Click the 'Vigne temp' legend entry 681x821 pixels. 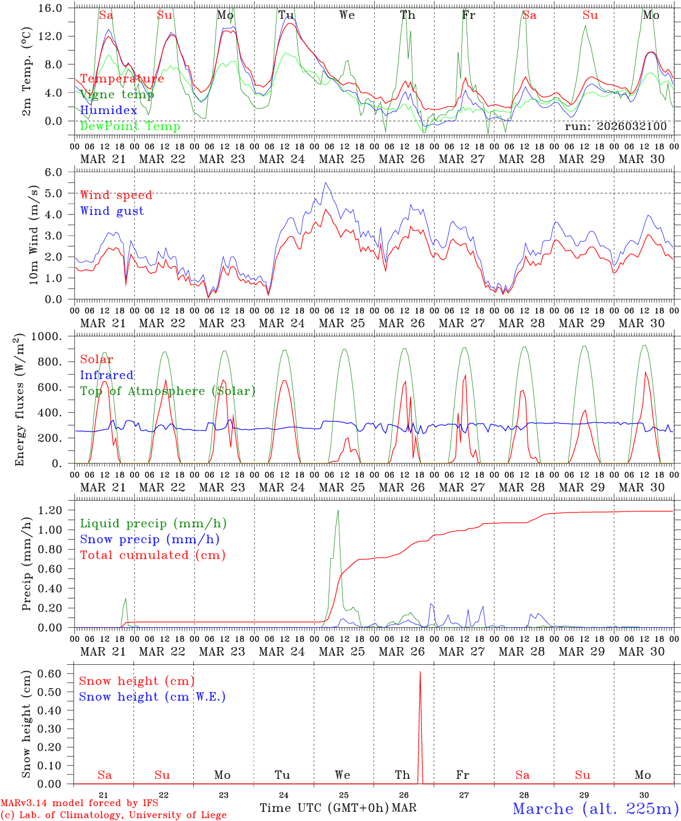point(117,95)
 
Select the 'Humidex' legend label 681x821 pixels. point(108,110)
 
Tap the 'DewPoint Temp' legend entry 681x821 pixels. point(130,126)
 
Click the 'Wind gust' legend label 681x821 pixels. point(112,211)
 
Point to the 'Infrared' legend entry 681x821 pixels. point(107,375)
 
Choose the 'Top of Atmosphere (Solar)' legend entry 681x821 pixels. point(168,391)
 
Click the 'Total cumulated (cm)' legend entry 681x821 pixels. point(152,555)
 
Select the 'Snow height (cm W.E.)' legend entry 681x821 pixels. point(152,697)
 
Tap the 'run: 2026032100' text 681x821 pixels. point(615,126)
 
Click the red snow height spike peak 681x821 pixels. point(420,672)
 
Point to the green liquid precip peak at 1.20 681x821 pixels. point(338,510)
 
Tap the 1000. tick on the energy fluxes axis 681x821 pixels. point(54,337)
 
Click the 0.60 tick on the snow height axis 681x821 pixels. point(55,673)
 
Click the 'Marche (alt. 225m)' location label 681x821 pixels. point(595,808)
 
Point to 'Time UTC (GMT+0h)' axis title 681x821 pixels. point(324,808)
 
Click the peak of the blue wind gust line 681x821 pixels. point(326,182)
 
